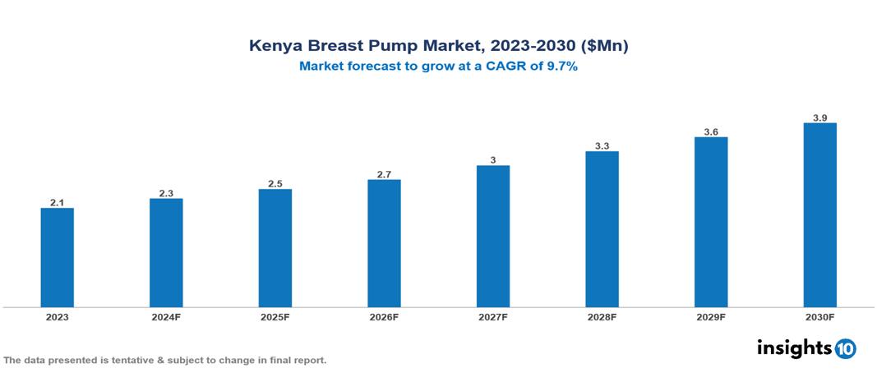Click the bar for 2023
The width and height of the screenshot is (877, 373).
[x=58, y=257]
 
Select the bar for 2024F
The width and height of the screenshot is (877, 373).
[x=166, y=252]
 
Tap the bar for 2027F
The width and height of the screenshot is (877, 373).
[x=493, y=236]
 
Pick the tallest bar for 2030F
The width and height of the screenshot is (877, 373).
[x=819, y=214]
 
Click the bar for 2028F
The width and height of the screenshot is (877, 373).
[x=602, y=228]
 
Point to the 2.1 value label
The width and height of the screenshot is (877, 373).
[x=58, y=202]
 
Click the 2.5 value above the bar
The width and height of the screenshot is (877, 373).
[x=275, y=184]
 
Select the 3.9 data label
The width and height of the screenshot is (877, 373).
[x=819, y=117]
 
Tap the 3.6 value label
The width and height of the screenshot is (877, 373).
[x=711, y=131]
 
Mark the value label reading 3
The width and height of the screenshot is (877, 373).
[x=493, y=160]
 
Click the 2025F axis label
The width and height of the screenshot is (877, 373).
[x=275, y=316]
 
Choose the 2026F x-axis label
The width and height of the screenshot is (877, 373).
[x=384, y=316]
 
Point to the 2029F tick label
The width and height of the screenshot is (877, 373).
[x=711, y=316]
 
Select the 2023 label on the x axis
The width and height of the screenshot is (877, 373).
[x=58, y=316]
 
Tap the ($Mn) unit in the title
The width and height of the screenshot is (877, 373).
[x=604, y=46]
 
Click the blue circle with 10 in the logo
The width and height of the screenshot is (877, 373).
[x=845, y=348]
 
